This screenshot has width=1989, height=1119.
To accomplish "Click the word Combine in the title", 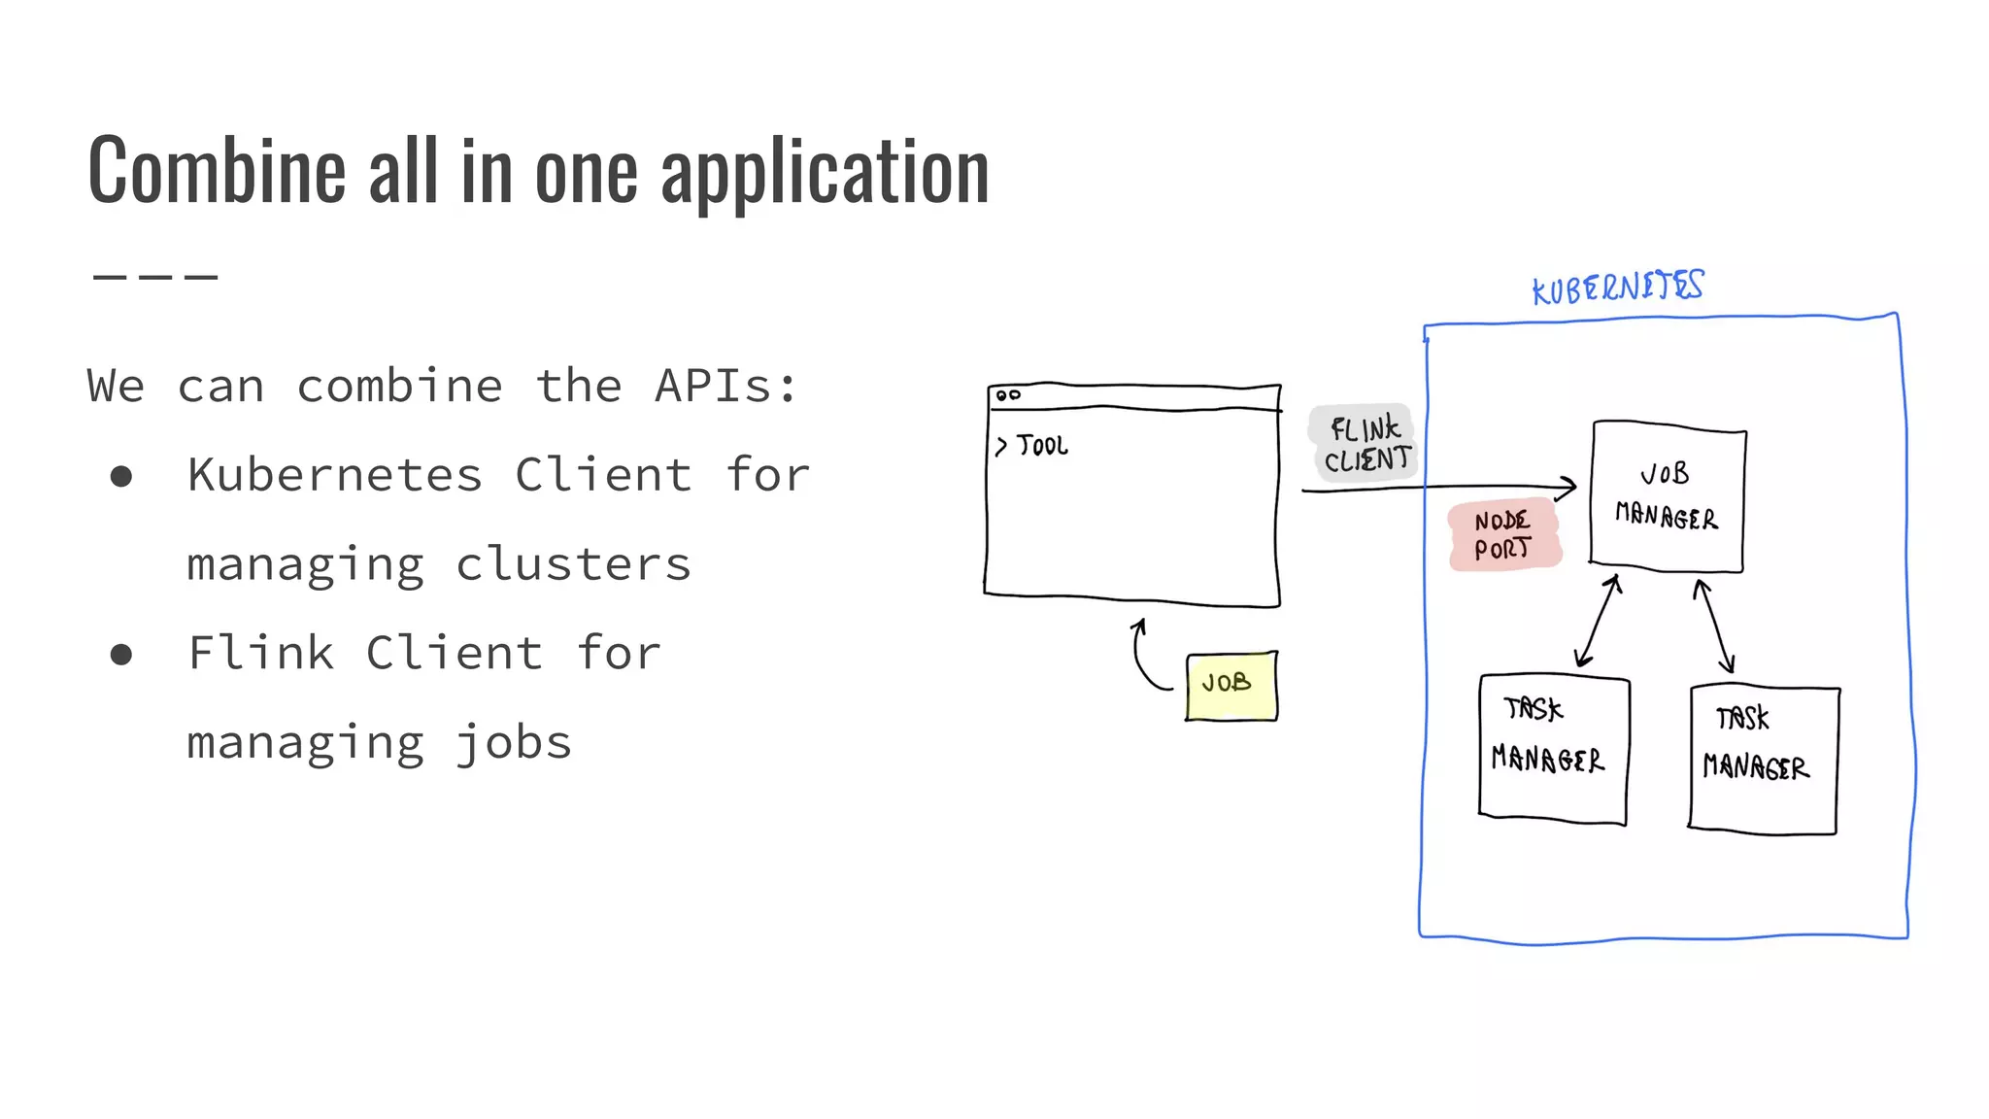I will (x=216, y=172).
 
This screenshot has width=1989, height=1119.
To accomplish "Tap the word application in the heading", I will (x=825, y=172).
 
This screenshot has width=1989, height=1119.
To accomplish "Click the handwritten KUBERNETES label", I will (x=1617, y=288).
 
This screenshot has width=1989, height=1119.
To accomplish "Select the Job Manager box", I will (x=1668, y=496).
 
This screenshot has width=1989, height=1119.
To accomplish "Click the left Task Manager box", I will (x=1552, y=749).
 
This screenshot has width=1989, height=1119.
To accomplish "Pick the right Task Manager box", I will (x=1763, y=760).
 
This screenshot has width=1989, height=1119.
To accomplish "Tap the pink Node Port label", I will (x=1503, y=535).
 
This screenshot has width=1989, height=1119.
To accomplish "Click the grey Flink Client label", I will (x=1365, y=443).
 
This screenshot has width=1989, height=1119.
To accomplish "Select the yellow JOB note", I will (x=1230, y=686).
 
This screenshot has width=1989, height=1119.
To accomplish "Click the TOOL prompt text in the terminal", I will (x=1041, y=446).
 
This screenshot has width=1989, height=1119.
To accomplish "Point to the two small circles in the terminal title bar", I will (x=1008, y=395).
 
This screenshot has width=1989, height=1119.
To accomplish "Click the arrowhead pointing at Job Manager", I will (x=1567, y=487).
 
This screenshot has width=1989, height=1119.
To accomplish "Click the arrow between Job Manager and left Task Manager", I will (x=1598, y=622).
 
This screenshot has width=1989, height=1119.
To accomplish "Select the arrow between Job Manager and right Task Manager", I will (x=1714, y=626).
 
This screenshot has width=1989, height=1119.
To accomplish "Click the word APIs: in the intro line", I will (x=725, y=386).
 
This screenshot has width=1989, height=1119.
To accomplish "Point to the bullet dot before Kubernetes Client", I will (x=121, y=476).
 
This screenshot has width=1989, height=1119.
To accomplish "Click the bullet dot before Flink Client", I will (x=121, y=654).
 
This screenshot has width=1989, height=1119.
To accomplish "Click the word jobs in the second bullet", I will (x=514, y=744).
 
